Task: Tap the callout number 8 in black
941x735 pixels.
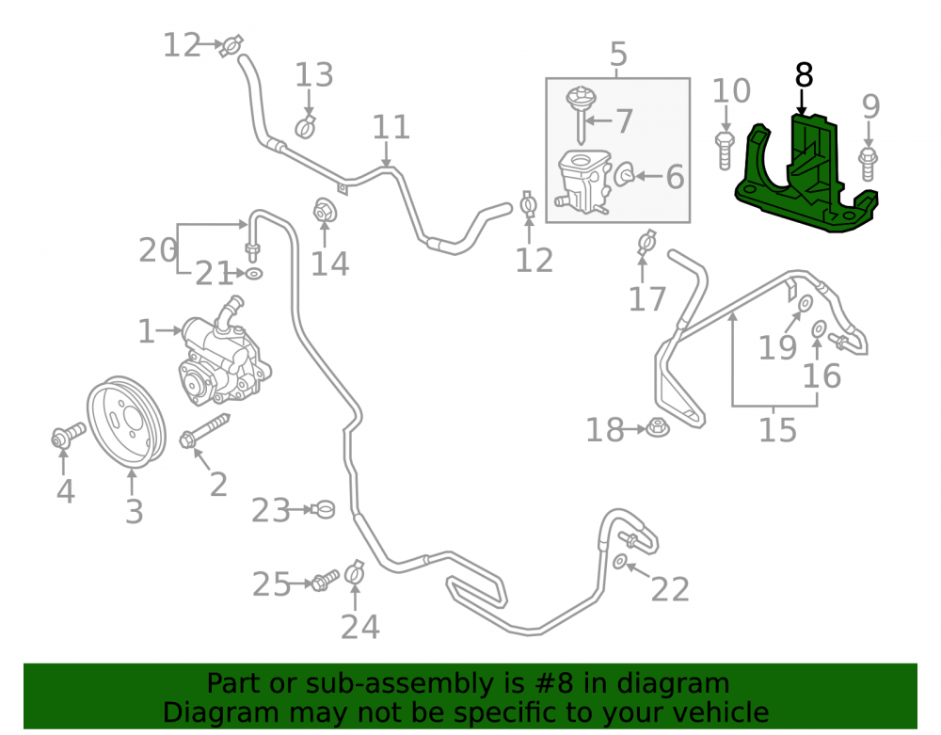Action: coord(804,75)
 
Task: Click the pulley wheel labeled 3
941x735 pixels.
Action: coord(126,423)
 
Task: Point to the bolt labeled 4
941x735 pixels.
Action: coord(68,436)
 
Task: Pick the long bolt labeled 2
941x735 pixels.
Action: coord(204,431)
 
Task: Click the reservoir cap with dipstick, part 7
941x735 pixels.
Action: coord(581,114)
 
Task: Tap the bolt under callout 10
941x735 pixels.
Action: coord(725,150)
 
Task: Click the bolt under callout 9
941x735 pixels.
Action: coord(868,163)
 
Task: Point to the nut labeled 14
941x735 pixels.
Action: coord(325,211)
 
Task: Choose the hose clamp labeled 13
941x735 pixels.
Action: coord(306,127)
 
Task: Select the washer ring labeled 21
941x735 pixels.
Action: coord(254,274)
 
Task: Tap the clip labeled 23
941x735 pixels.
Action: coord(324,510)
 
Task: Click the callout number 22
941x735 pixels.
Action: coord(670,590)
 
